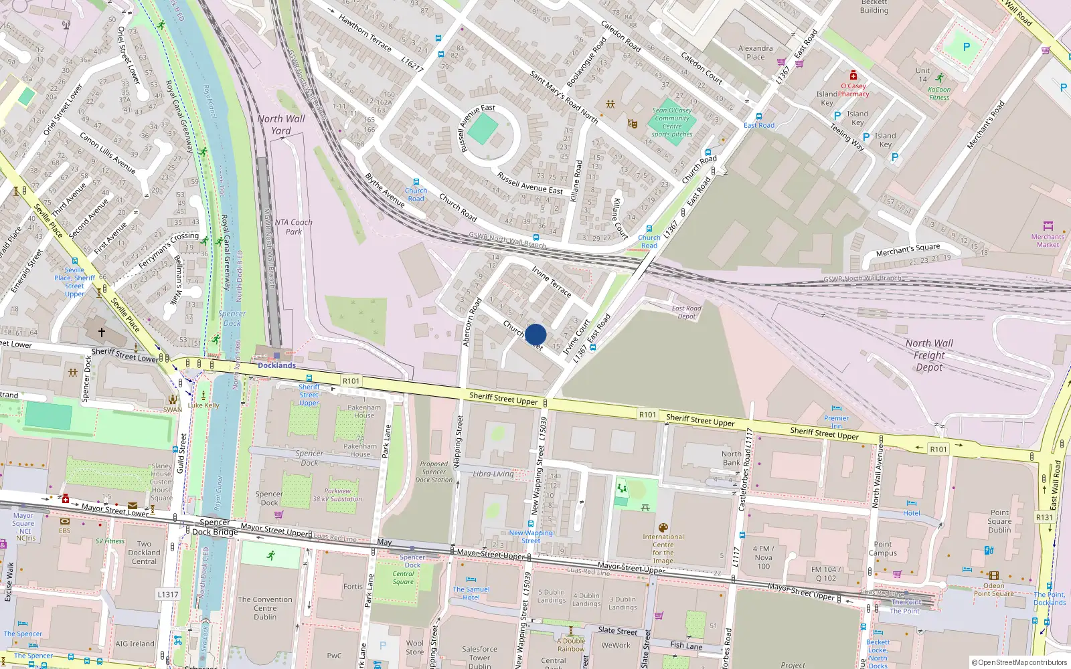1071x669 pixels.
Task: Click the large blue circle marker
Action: click(535, 334)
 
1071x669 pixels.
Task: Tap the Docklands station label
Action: click(276, 365)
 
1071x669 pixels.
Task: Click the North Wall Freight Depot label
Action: click(929, 355)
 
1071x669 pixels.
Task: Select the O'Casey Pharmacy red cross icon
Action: click(853, 76)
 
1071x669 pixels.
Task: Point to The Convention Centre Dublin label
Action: click(265, 608)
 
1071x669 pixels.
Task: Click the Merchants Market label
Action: click(1048, 240)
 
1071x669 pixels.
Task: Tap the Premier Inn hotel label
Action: click(836, 422)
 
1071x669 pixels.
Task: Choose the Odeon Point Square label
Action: click(993, 589)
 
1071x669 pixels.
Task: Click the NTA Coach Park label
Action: click(293, 227)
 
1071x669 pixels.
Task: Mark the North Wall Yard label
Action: click(281, 124)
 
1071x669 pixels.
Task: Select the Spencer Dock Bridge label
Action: click(215, 527)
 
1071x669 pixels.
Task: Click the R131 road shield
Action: click(1044, 517)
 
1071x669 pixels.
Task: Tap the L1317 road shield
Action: click(168, 594)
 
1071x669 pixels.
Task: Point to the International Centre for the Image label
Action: click(663, 549)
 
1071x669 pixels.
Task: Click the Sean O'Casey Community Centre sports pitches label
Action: click(672, 122)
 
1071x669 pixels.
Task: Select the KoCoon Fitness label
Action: click(939, 93)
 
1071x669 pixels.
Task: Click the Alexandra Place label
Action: click(755, 52)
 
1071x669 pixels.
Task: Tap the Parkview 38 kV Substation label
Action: click(337, 494)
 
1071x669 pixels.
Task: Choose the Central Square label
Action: click(403, 577)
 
